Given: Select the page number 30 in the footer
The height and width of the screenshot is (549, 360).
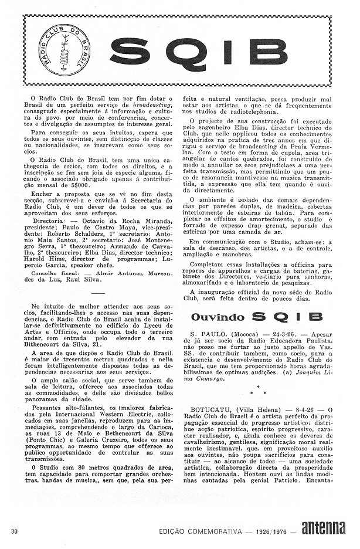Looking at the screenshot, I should tap(14, 531).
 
